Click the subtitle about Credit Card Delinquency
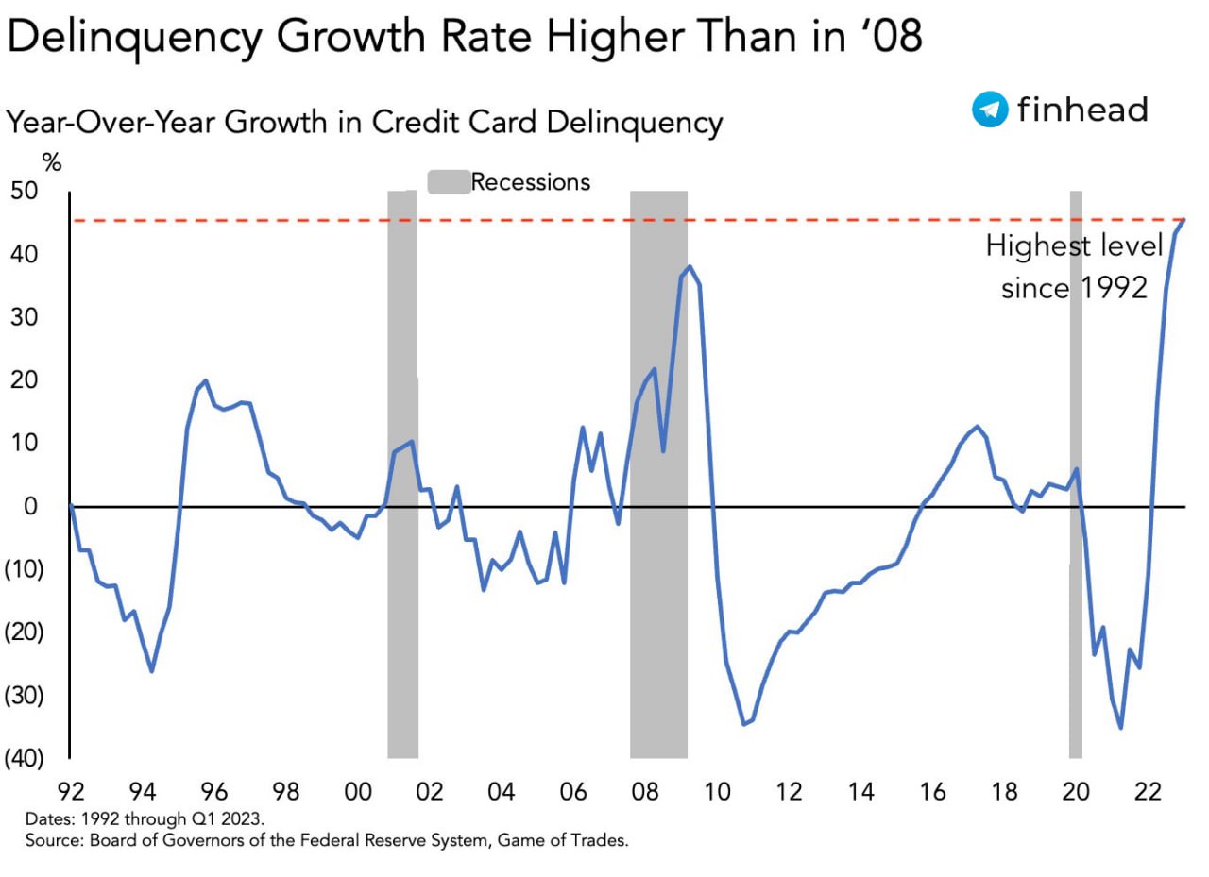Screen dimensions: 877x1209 point(365,123)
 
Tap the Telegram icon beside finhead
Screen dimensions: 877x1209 point(989,110)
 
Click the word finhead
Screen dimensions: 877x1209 point(1082,109)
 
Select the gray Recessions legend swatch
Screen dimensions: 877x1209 point(449,182)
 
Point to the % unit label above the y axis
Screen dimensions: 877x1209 point(52,163)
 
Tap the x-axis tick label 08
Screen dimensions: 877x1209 point(645,791)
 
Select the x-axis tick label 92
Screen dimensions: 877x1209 point(71,791)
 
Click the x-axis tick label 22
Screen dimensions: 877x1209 point(1148,791)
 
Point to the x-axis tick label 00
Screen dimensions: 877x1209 point(358,791)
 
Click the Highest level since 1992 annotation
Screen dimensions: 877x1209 point(1074,267)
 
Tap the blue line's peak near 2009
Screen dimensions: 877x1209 point(690,267)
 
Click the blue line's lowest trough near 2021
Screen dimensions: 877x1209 point(1120,727)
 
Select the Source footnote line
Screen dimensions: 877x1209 point(327,839)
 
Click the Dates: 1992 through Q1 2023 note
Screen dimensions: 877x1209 point(151,818)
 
